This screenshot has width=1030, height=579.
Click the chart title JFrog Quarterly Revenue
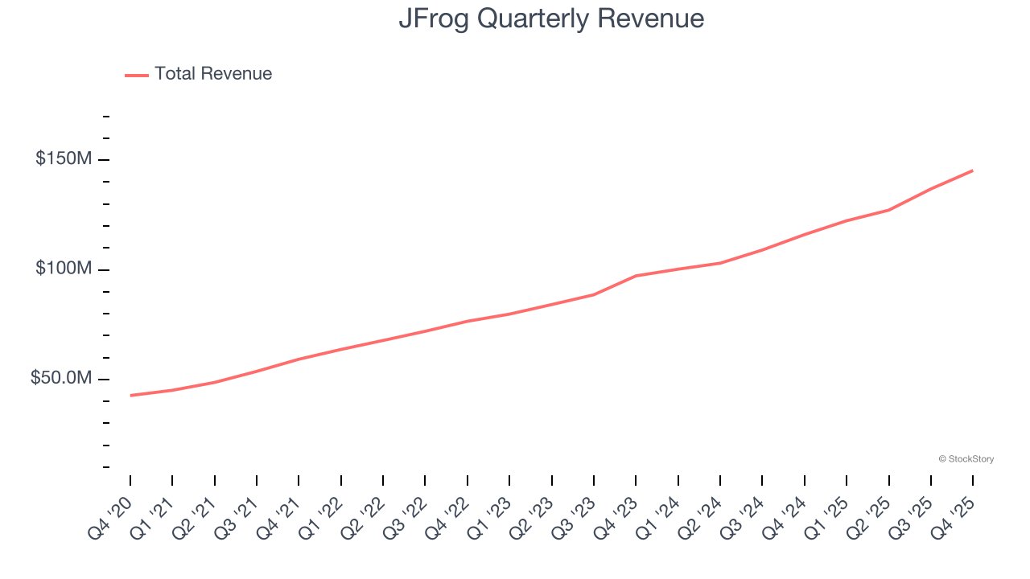click(551, 18)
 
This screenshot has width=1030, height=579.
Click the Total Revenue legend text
click(213, 74)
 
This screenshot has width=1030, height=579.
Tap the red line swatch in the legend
click(137, 75)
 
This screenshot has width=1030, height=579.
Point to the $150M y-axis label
click(63, 159)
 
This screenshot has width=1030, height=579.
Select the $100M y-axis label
click(63, 269)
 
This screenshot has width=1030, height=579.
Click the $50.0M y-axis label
click(60, 378)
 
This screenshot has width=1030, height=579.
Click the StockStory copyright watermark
click(966, 459)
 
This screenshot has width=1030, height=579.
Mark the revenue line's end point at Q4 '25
click(973, 170)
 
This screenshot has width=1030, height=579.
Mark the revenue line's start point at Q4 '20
click(130, 396)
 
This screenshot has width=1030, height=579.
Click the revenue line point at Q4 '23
click(636, 276)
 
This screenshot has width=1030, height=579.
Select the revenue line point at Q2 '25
click(888, 210)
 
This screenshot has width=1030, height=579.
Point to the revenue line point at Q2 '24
click(720, 263)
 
